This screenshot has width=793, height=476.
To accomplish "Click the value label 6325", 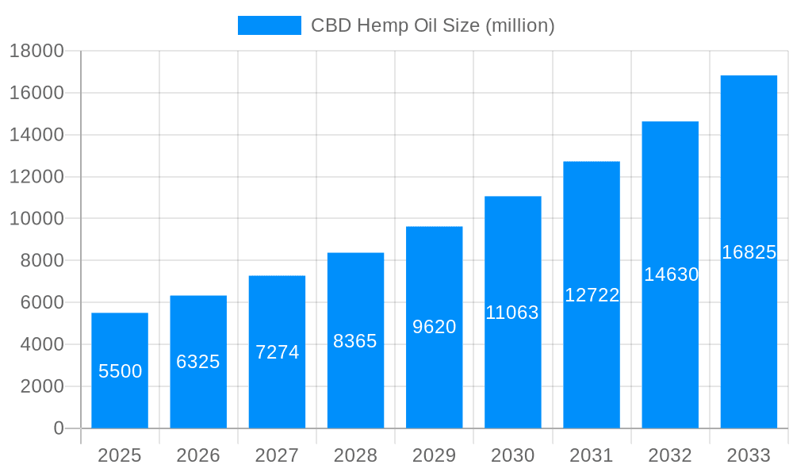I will coord(198,362).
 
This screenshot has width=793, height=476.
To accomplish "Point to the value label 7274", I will coord(277,352).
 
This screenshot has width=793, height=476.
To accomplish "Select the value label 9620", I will coord(435,327).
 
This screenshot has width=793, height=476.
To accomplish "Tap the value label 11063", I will coord(512,313).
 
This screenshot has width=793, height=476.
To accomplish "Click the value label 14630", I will coord(671,274).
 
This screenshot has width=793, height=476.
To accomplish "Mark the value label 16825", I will coord(749,252).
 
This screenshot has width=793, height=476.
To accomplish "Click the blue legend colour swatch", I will coord(270,25).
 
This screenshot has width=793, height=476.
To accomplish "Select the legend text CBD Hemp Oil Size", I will coord(432,25).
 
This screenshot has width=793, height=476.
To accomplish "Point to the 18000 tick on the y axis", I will coord(36,52).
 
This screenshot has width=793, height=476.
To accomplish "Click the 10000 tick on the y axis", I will coord(36,219).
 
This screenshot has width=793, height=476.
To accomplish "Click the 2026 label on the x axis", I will coord(198,455).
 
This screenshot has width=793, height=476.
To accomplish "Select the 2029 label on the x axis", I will coord(435,455).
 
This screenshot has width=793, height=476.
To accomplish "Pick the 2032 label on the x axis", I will coord(670,455).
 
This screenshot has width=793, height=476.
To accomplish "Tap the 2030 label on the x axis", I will coord(513,455).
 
